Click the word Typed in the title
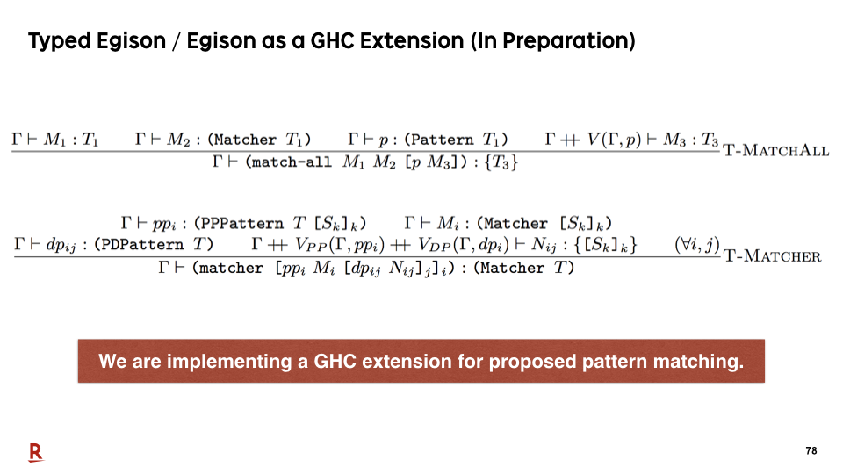pyautogui.click(x=60, y=41)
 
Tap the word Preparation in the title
pyautogui.click(x=565, y=41)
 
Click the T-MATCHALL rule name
pyautogui.click(x=775, y=150)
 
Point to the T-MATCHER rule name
pyautogui.click(x=772, y=255)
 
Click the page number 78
pyautogui.click(x=811, y=450)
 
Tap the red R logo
pyautogui.click(x=35, y=453)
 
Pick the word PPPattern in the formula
pyautogui.click(x=242, y=224)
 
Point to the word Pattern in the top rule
pyautogui.click(x=443, y=140)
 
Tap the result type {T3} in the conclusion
pyautogui.click(x=501, y=162)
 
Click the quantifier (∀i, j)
pyautogui.click(x=697, y=245)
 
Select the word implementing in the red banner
pyautogui.click(x=229, y=362)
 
